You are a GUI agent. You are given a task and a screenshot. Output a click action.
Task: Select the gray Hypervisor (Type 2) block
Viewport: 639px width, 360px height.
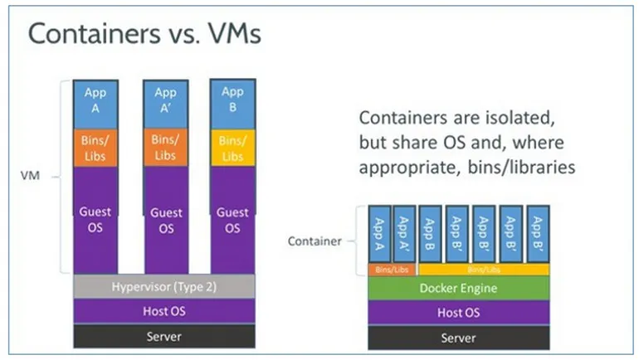click(164, 287)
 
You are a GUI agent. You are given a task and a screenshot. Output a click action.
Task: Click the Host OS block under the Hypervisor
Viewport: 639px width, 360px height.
click(164, 312)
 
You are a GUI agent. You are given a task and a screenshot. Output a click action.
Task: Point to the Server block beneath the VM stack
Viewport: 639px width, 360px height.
click(164, 337)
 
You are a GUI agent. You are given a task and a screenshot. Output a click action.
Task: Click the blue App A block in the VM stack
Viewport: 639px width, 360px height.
click(95, 103)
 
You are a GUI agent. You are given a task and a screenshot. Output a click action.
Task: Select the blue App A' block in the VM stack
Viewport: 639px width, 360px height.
click(166, 103)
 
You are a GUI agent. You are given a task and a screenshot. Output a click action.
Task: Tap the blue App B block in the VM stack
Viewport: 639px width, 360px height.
click(233, 102)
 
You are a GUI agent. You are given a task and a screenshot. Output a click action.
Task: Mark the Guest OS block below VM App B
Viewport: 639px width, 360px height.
click(233, 220)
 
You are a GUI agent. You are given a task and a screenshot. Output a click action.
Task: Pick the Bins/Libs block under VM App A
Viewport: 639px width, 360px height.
click(95, 148)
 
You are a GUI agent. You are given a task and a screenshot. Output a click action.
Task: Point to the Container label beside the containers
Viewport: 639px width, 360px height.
click(314, 241)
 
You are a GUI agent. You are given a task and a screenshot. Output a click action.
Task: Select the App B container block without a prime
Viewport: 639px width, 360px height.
click(431, 235)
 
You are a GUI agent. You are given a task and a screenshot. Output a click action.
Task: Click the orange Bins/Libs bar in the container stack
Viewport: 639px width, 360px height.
click(392, 270)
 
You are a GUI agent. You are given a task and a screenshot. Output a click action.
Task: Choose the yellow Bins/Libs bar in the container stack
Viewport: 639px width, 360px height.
click(483, 270)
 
